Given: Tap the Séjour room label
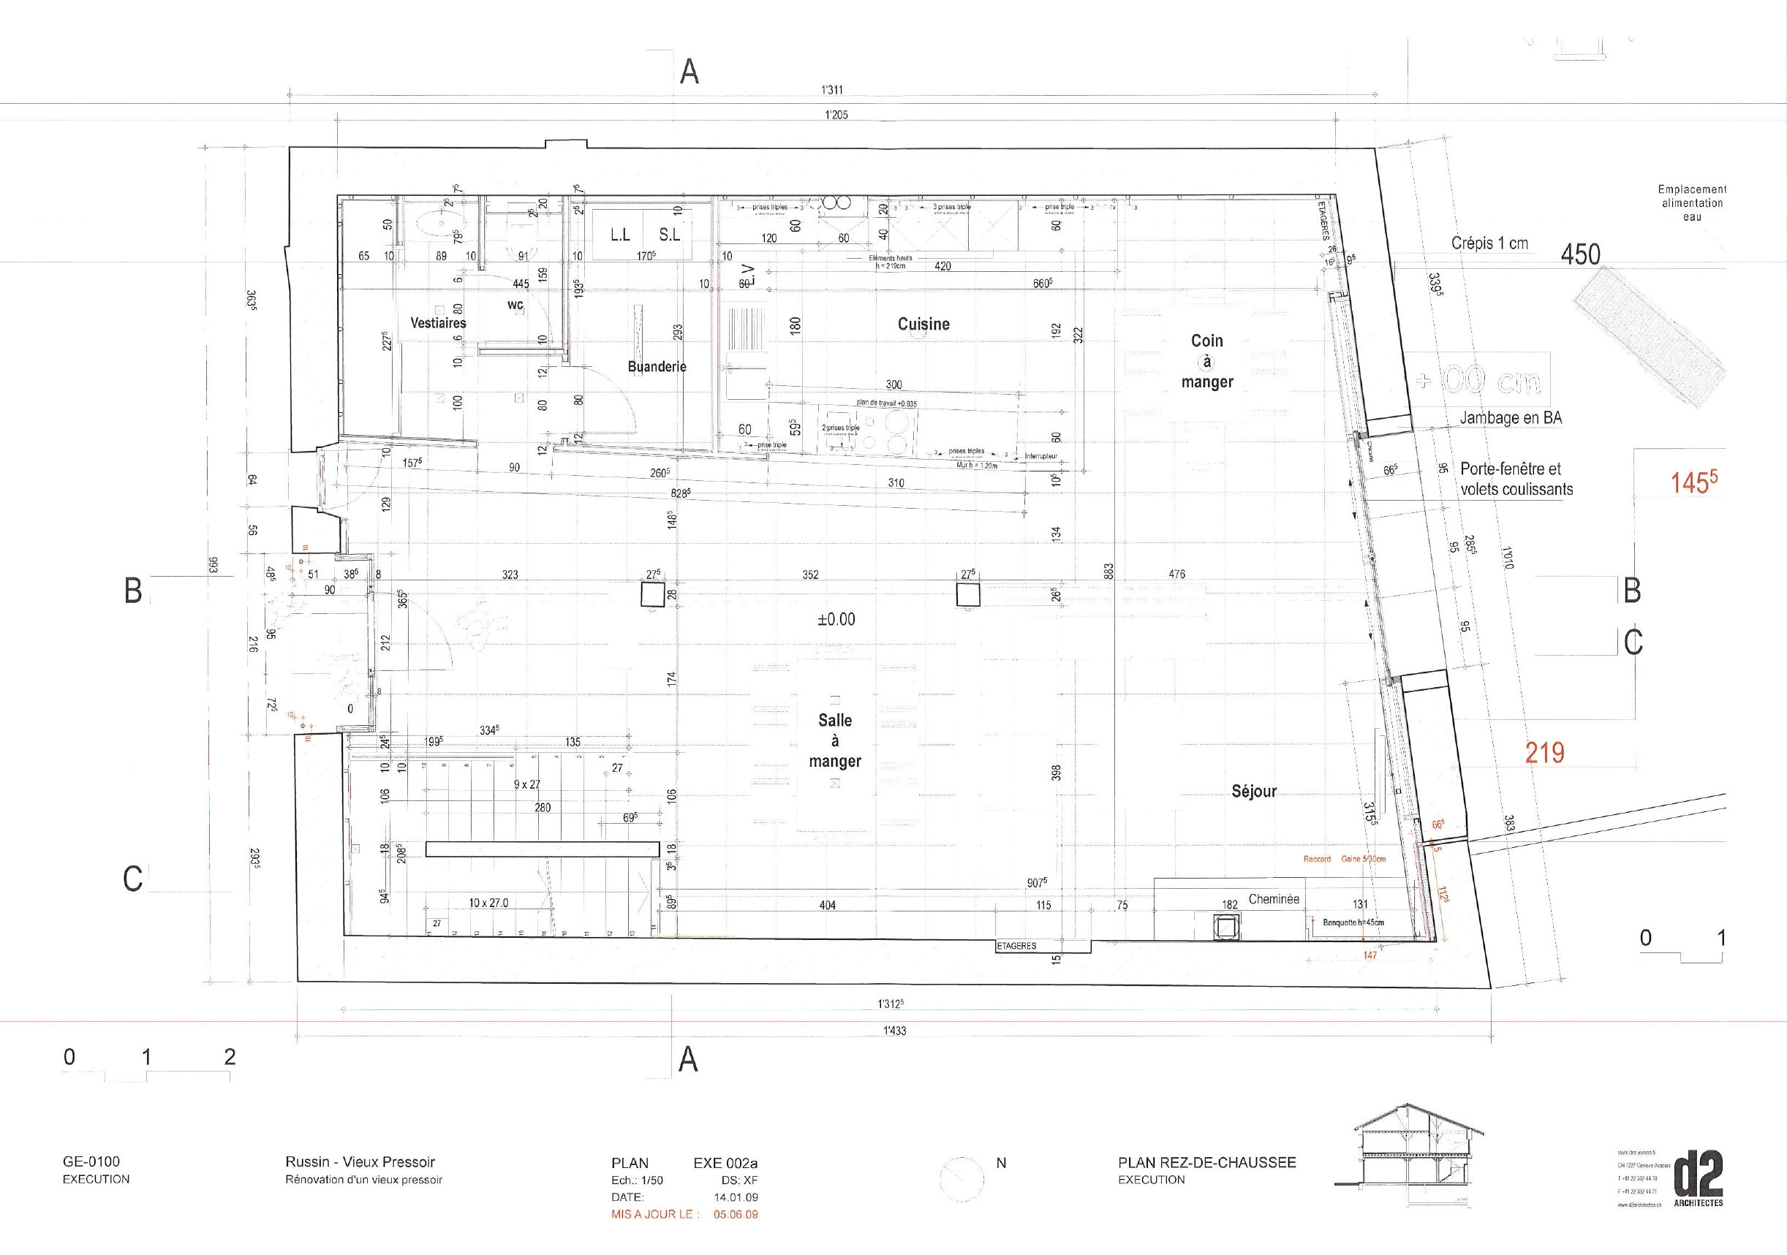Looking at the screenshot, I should click(x=1254, y=792).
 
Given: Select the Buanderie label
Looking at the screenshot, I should click(x=657, y=366).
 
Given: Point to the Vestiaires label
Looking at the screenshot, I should click(x=438, y=322).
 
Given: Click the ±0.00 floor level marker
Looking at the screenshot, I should click(x=836, y=619).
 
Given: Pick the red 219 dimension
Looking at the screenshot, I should click(x=1544, y=752).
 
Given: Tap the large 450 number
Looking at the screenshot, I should click(x=1580, y=254).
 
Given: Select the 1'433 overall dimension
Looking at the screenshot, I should click(x=894, y=1030).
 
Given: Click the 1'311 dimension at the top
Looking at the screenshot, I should click(x=832, y=90).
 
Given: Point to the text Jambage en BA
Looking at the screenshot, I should click(x=1510, y=418).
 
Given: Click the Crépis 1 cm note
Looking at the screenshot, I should click(x=1489, y=243).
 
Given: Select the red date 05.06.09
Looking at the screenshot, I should click(x=736, y=1214).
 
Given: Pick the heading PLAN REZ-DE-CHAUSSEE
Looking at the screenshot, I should click(x=1206, y=1162).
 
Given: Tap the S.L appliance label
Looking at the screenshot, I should click(x=669, y=234).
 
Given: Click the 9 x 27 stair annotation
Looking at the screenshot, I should click(x=527, y=784).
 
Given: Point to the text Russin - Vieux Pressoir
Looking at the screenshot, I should click(x=360, y=1161).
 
